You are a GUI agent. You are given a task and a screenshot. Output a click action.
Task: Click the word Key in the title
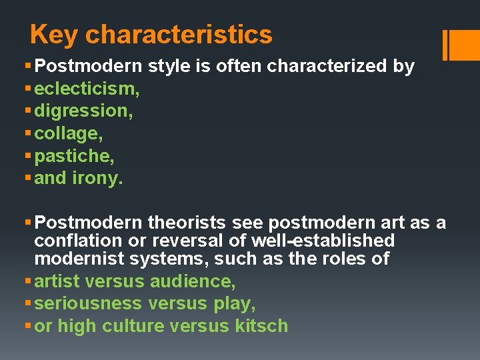(54, 35)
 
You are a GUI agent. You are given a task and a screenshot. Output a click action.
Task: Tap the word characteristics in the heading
(179, 35)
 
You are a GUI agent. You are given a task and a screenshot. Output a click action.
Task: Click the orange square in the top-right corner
(463, 45)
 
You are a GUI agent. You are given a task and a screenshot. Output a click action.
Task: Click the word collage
(67, 134)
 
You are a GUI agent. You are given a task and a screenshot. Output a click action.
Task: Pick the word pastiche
(73, 157)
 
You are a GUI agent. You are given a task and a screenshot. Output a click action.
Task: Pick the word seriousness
(88, 304)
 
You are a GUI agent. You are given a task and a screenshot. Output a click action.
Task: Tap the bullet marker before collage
(27, 134)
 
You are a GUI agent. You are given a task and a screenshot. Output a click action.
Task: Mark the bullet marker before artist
(27, 281)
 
